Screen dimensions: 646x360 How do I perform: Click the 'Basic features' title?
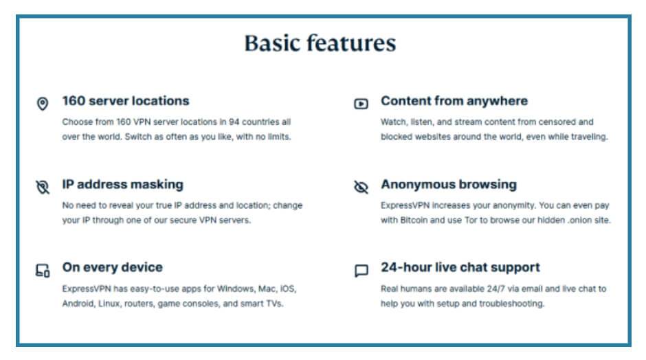click(x=320, y=43)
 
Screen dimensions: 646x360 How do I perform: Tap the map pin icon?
click(x=43, y=103)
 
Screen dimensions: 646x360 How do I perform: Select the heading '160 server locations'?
click(x=126, y=101)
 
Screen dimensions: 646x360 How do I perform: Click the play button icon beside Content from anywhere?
click(x=361, y=104)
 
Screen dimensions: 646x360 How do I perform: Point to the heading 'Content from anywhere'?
click(x=454, y=101)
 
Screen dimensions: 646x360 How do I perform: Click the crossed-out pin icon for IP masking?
click(x=43, y=187)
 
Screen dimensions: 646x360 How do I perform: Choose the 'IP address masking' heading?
click(x=123, y=185)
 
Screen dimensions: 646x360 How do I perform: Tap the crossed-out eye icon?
click(x=361, y=187)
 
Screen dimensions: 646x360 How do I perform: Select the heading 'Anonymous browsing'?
click(x=449, y=185)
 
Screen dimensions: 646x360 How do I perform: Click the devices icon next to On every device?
click(x=43, y=270)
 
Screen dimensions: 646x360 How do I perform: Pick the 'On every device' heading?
click(x=113, y=267)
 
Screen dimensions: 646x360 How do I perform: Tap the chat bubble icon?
click(x=361, y=270)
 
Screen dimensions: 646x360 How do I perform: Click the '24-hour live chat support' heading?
click(x=460, y=267)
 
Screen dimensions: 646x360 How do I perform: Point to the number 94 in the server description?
click(x=234, y=122)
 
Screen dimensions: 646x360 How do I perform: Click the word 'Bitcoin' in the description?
click(x=414, y=220)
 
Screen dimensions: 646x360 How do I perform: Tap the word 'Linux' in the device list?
click(x=109, y=304)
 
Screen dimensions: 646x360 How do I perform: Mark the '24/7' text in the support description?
click(x=495, y=289)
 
